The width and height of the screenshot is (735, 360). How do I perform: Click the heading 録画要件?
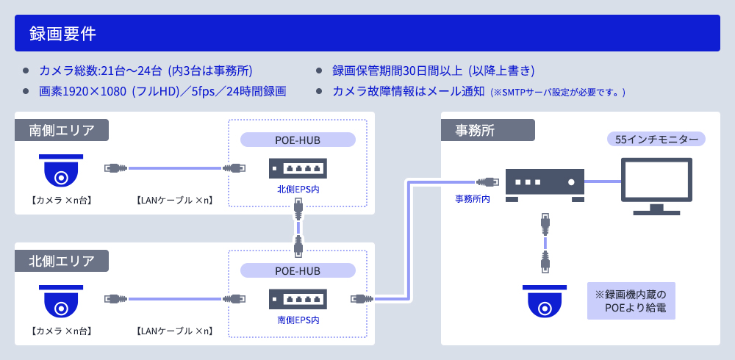coord(62,33)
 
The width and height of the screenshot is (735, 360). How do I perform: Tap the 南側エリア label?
coord(62,130)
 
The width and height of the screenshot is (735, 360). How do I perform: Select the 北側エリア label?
coord(62,261)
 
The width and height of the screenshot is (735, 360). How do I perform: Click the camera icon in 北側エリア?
coord(61,301)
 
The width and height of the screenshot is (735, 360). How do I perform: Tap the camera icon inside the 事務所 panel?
coord(544,302)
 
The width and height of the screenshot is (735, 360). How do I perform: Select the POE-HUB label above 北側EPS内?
coord(298,140)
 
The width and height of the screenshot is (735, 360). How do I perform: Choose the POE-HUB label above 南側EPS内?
coord(298,270)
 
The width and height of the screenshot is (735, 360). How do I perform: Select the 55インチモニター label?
coord(656,139)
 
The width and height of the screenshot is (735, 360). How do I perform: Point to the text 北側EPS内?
coord(298,190)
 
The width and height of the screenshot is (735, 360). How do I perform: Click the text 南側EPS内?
coord(298,320)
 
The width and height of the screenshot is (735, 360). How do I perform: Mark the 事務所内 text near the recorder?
coord(473,198)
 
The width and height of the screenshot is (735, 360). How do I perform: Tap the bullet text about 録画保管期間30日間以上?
coord(433,71)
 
